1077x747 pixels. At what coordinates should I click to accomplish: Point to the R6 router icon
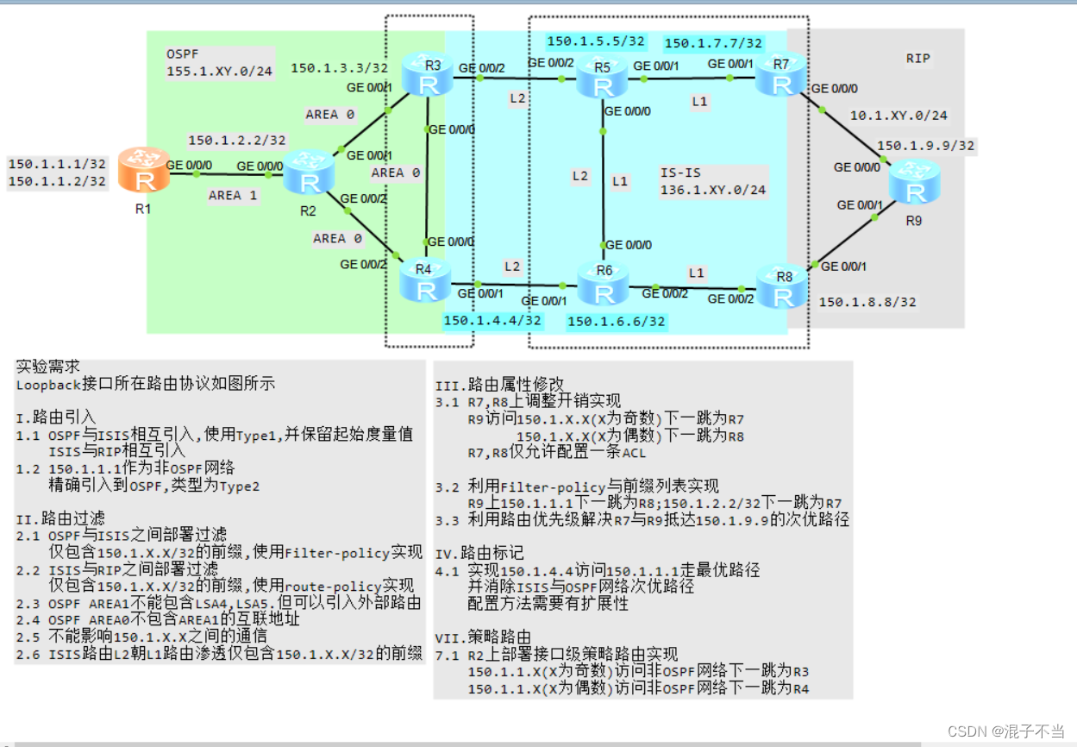point(604,283)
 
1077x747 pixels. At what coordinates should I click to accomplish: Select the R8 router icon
point(783,287)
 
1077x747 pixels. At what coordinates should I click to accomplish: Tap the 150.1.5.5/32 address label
point(596,41)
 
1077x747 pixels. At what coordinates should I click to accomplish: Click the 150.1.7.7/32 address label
point(713,42)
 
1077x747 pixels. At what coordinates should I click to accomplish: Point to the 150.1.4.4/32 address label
point(492,321)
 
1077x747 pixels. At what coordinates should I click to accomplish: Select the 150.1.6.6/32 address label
point(617,322)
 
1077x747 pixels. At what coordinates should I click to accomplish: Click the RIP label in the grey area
point(918,59)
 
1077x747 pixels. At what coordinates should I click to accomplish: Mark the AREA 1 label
point(233,196)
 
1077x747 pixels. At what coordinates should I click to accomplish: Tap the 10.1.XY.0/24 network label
point(899,115)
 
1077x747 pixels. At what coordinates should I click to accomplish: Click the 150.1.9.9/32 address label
point(925,146)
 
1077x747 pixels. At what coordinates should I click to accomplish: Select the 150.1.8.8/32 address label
point(867,302)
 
